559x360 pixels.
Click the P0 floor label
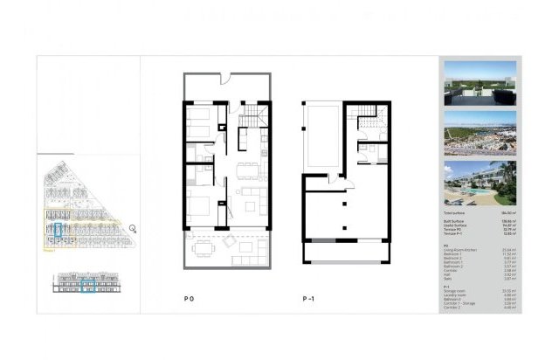click(x=188, y=300)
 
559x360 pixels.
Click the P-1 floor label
click(x=308, y=300)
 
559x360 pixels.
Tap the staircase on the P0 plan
click(x=251, y=114)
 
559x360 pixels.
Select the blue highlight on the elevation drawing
click(x=87, y=284)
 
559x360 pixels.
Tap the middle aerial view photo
click(x=480, y=133)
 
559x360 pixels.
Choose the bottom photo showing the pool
click(x=480, y=182)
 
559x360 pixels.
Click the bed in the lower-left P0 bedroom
click(x=199, y=210)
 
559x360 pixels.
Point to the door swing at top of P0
click(x=225, y=80)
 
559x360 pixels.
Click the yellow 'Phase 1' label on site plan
click(x=49, y=247)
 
